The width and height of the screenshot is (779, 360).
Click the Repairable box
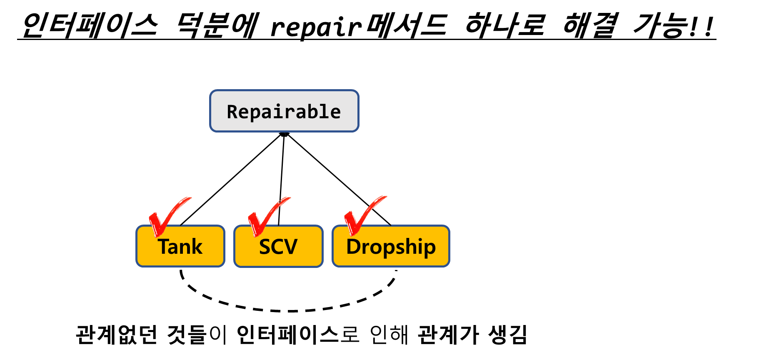click(284, 111)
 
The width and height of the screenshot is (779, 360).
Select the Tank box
click(180, 246)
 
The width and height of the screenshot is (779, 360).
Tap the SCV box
click(278, 246)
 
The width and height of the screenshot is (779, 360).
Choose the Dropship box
click(391, 246)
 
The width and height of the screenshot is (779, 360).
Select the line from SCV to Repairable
click(281, 180)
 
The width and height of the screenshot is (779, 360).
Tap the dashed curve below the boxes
click(287, 311)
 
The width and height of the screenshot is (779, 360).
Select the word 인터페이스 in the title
click(90, 25)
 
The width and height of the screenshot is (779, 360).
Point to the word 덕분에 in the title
click(217, 25)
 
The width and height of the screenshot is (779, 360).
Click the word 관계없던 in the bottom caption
click(117, 335)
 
